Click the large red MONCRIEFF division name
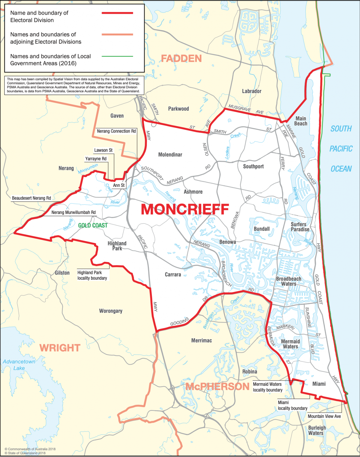pos(185,209)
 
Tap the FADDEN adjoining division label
pos(181,59)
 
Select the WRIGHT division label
pos(60,348)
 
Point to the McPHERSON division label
pos(217,386)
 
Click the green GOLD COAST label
pos(93,226)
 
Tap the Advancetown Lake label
pos(19,365)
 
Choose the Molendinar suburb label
pos(170,155)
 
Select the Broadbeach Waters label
pos(289,281)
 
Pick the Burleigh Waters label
pos(317,430)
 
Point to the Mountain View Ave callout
pos(324,416)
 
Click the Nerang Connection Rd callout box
pos(116,131)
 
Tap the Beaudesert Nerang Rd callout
pos(31,198)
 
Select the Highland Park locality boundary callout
pos(92,275)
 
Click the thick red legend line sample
pos(117,13)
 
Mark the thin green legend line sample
pos(117,56)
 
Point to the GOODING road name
pos(180,322)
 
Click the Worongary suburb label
pos(111,311)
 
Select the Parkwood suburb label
pos(178,109)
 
